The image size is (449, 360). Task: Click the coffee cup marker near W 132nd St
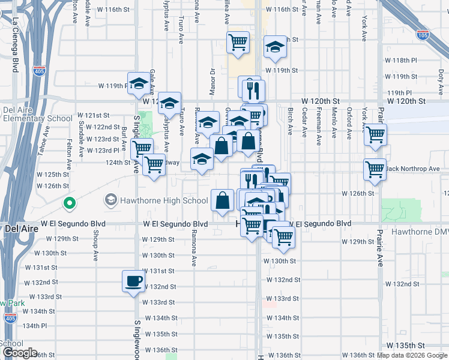pyautogui.click(x=133, y=281)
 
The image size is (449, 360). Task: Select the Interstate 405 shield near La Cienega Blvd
pyautogui.click(x=40, y=71)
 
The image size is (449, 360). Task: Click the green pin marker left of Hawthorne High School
pyautogui.click(x=69, y=204)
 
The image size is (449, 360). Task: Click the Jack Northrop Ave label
pyautogui.click(x=414, y=169)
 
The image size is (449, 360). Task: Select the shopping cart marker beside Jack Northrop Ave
pyautogui.click(x=375, y=170)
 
